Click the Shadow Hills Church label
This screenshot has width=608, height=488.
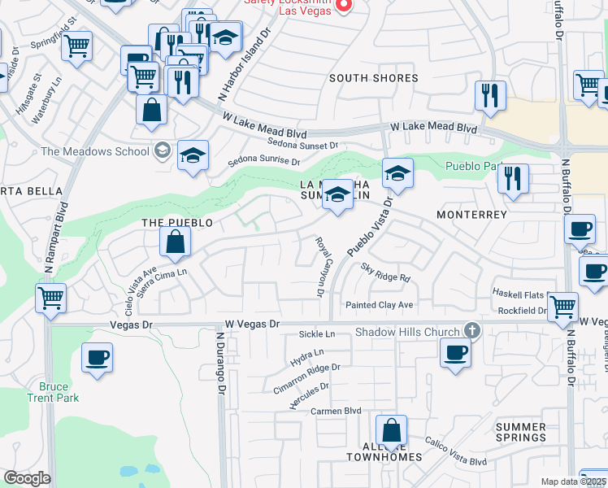tap(407, 331)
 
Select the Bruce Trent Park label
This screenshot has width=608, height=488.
tap(59, 392)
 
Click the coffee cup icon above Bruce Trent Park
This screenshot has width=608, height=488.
tap(97, 358)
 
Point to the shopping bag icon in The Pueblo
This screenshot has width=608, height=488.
tap(175, 241)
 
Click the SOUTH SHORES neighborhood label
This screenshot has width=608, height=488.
tap(373, 79)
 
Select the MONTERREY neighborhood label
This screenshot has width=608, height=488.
tap(471, 215)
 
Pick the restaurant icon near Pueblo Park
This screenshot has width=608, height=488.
tap(512, 177)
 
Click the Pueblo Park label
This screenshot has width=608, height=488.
tap(469, 166)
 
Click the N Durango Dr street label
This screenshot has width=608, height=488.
tap(219, 362)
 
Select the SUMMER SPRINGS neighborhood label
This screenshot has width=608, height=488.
tap(520, 432)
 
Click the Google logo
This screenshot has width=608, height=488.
tap(26, 478)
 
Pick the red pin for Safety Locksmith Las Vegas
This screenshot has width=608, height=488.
tap(343, 6)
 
